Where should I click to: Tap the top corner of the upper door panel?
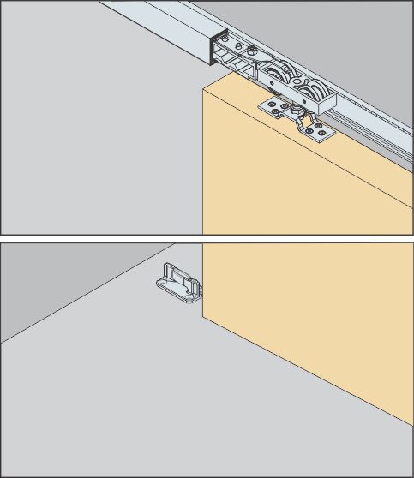pos(204,88)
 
